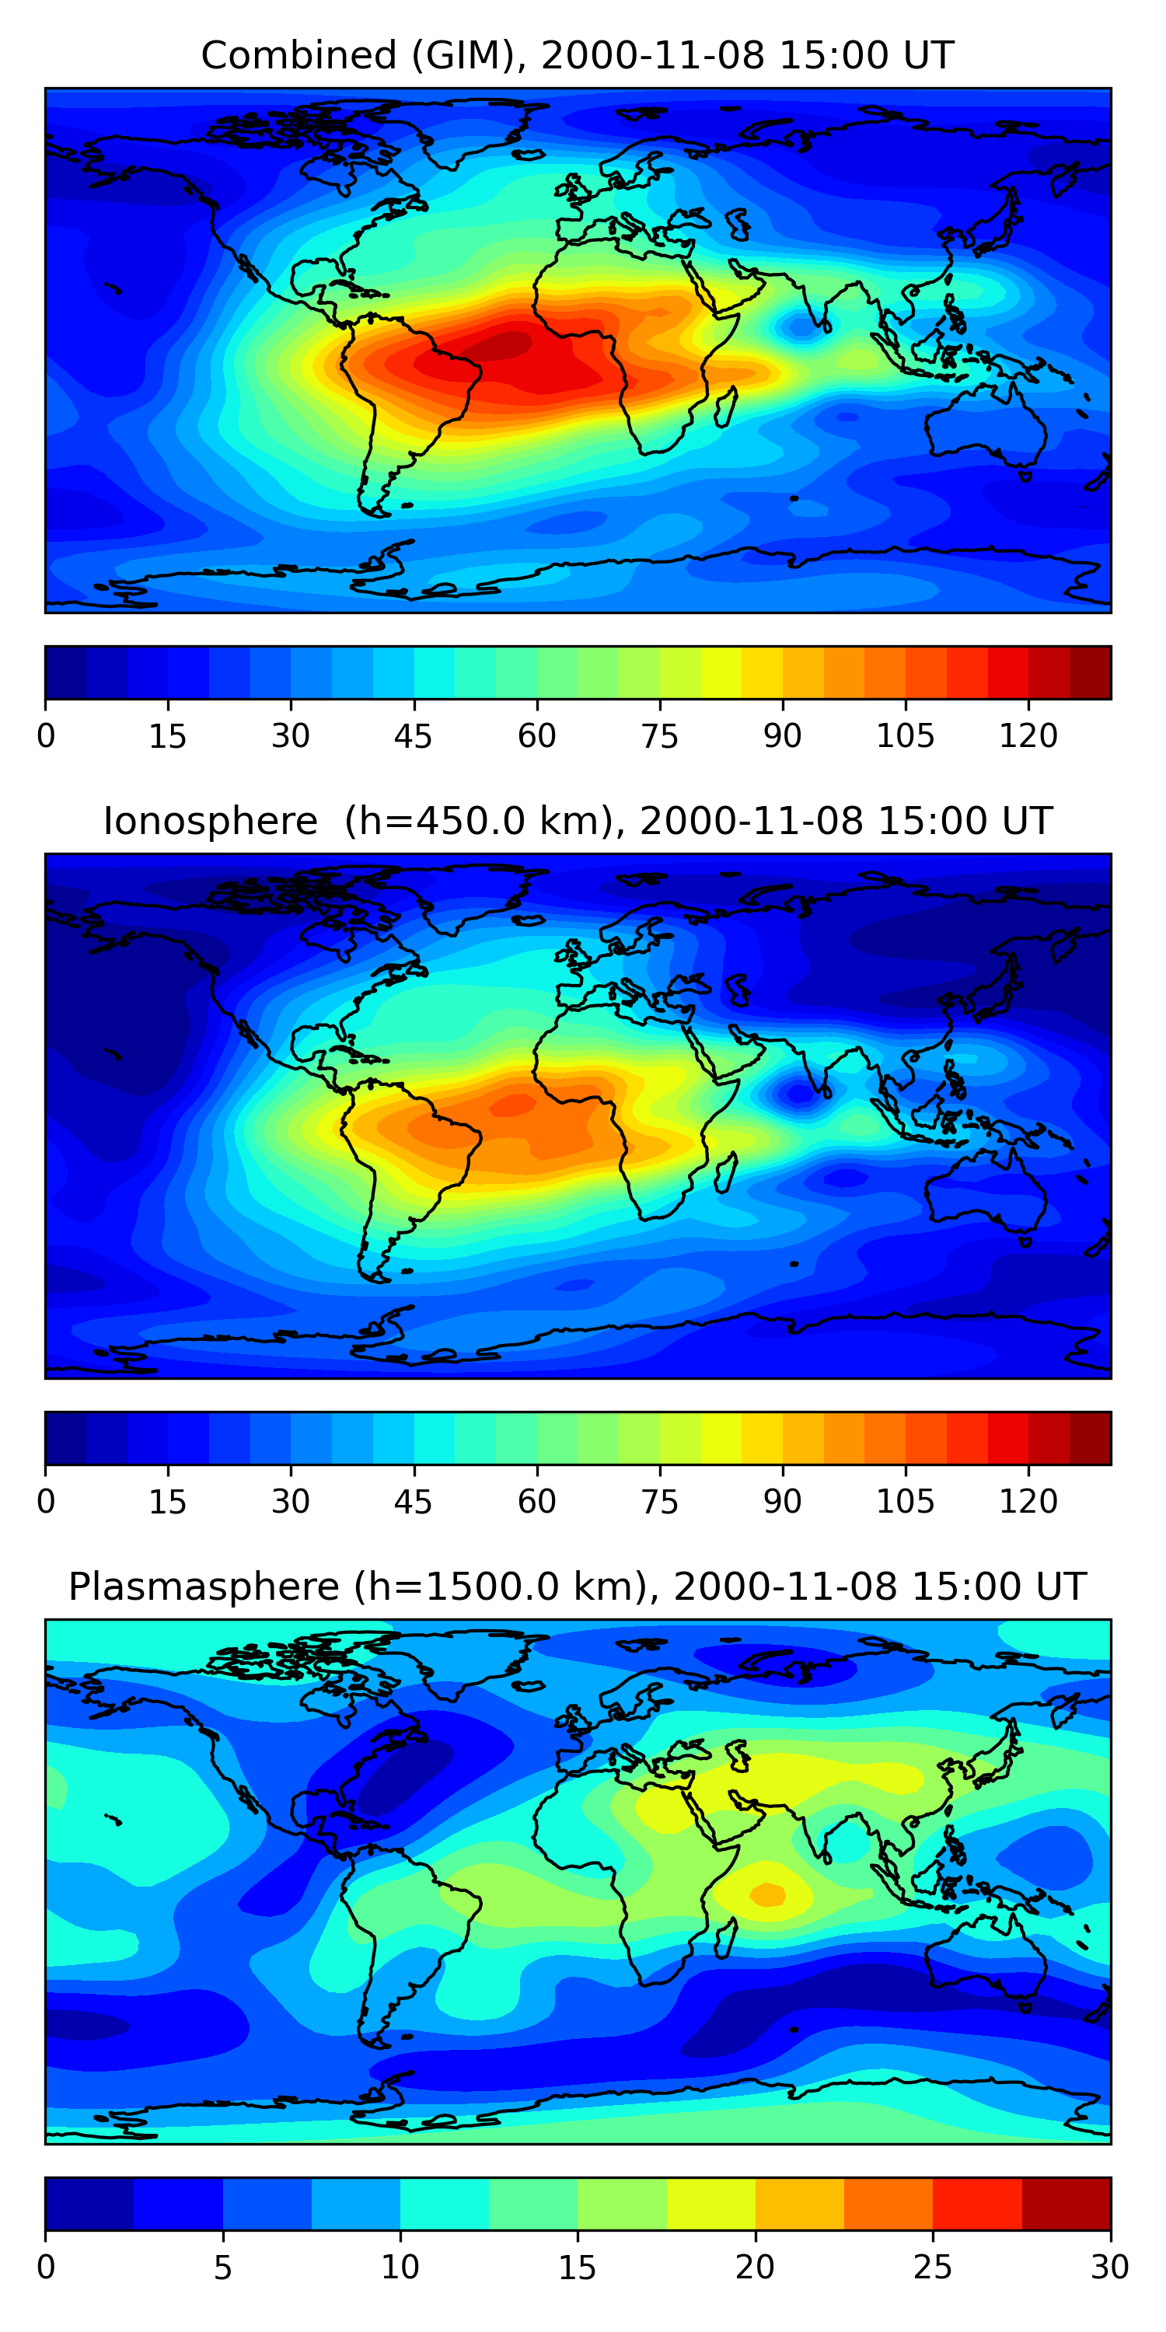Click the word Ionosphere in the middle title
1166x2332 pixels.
tap(210, 822)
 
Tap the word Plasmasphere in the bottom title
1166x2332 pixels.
tap(204, 1587)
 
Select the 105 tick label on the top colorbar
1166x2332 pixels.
tap(904, 736)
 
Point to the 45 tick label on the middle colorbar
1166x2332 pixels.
tap(413, 1502)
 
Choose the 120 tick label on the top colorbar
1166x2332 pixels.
tap(1028, 736)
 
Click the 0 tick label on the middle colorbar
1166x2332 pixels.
tap(46, 1502)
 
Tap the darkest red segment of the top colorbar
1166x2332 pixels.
tap(1090, 672)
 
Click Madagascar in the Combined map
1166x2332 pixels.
tap(725, 407)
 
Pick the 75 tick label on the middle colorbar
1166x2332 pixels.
tap(659, 1502)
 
